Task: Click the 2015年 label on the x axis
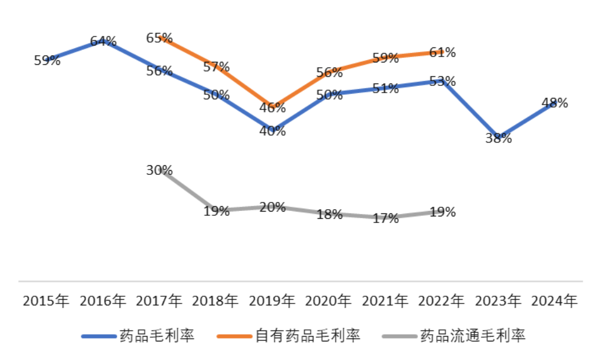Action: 46,301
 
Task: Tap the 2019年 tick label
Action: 272,301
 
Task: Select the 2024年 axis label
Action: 554,301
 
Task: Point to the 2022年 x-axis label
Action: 441,301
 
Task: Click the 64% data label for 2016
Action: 103,41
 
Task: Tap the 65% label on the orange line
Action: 159,38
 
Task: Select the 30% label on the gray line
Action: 159,170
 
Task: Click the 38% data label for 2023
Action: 499,138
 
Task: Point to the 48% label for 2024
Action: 554,103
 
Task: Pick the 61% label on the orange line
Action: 442,52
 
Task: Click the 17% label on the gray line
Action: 385,218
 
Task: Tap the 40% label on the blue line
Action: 272,131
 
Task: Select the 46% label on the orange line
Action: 272,108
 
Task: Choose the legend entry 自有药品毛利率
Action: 307,335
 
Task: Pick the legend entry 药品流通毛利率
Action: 472,335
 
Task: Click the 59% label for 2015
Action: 47,60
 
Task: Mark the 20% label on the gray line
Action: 272,207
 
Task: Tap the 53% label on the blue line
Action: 442,81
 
